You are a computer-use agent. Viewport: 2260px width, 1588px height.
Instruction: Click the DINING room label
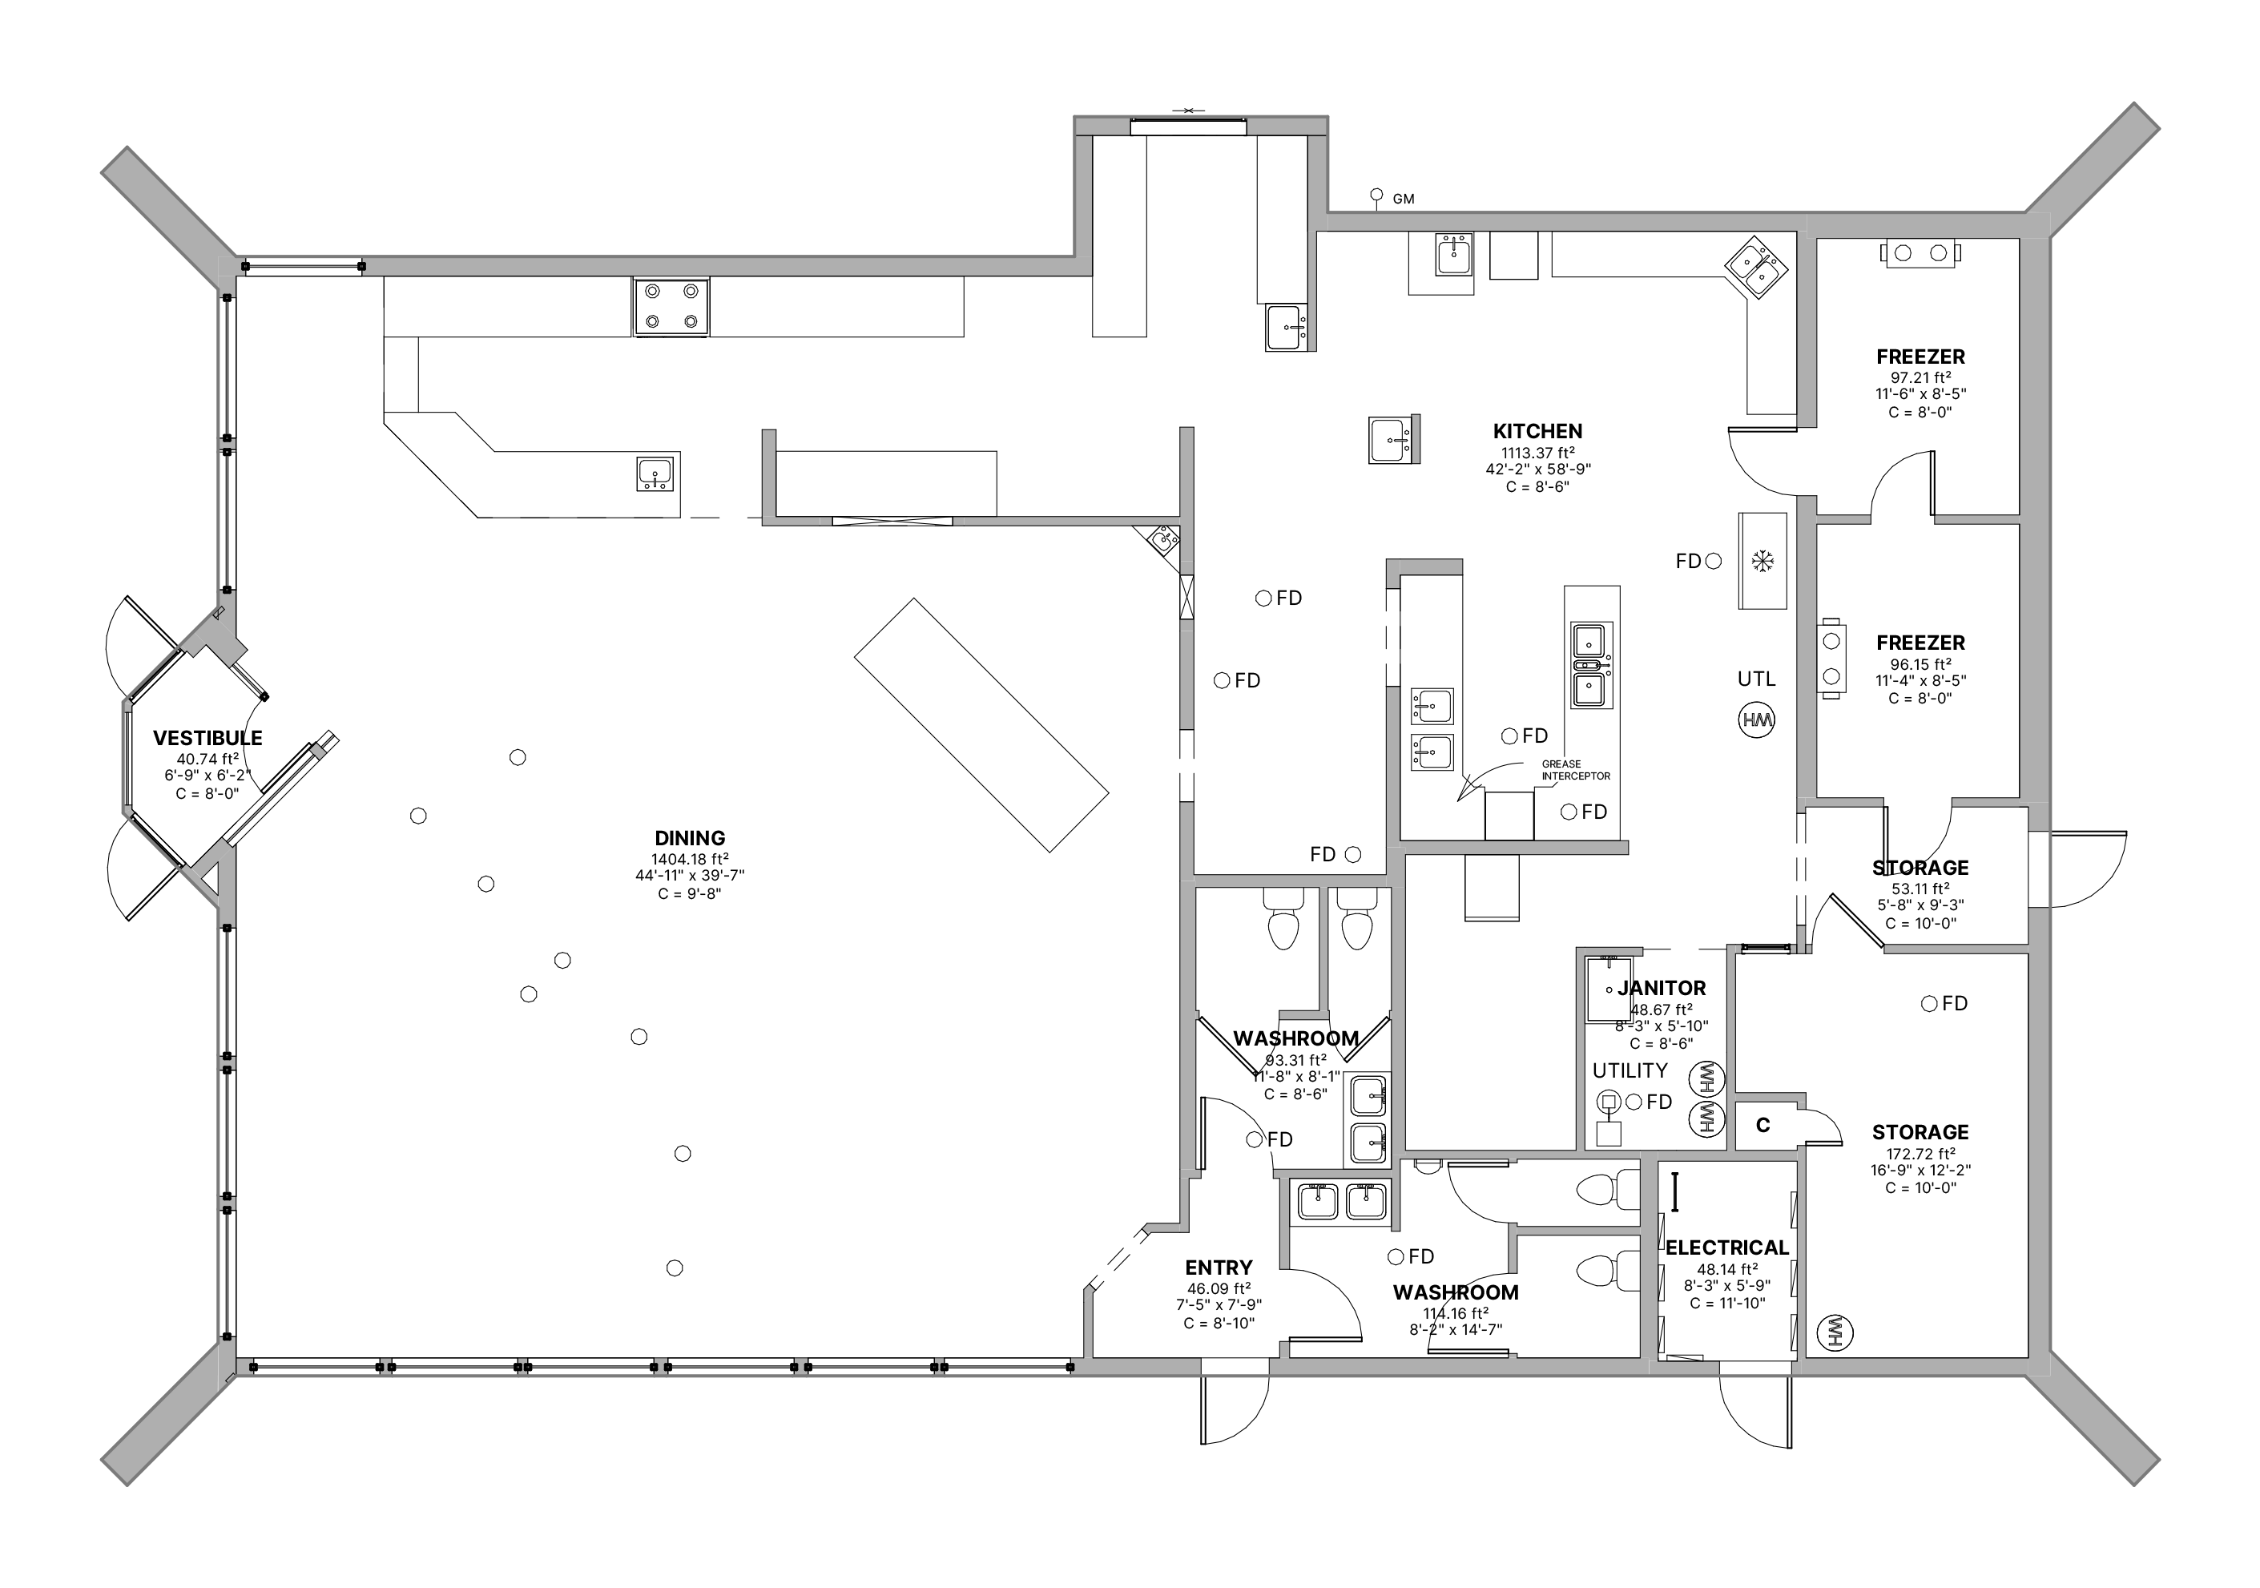pos(689,839)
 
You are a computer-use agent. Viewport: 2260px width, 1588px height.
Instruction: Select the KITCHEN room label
pos(1537,431)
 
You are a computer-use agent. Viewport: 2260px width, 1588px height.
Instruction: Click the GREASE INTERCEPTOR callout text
pos(1576,770)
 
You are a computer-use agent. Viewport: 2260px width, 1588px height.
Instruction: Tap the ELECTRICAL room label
pos(1726,1248)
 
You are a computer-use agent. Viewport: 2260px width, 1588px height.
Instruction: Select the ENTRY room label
pos(1219,1268)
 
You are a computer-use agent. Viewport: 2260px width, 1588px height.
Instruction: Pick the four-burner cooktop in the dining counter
pos(671,306)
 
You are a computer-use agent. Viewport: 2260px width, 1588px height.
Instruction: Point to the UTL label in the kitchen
pos(1756,679)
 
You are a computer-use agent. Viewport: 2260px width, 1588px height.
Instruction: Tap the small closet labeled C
pos(1763,1125)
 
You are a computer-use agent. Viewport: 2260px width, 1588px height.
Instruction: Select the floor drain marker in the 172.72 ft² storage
pos(1929,1004)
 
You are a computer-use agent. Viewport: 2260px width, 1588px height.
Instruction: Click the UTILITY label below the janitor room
pos(1630,1071)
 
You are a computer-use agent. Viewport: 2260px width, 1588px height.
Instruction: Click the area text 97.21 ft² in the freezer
pos(1920,378)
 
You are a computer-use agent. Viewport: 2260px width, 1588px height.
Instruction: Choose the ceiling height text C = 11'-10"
pos(1727,1304)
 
